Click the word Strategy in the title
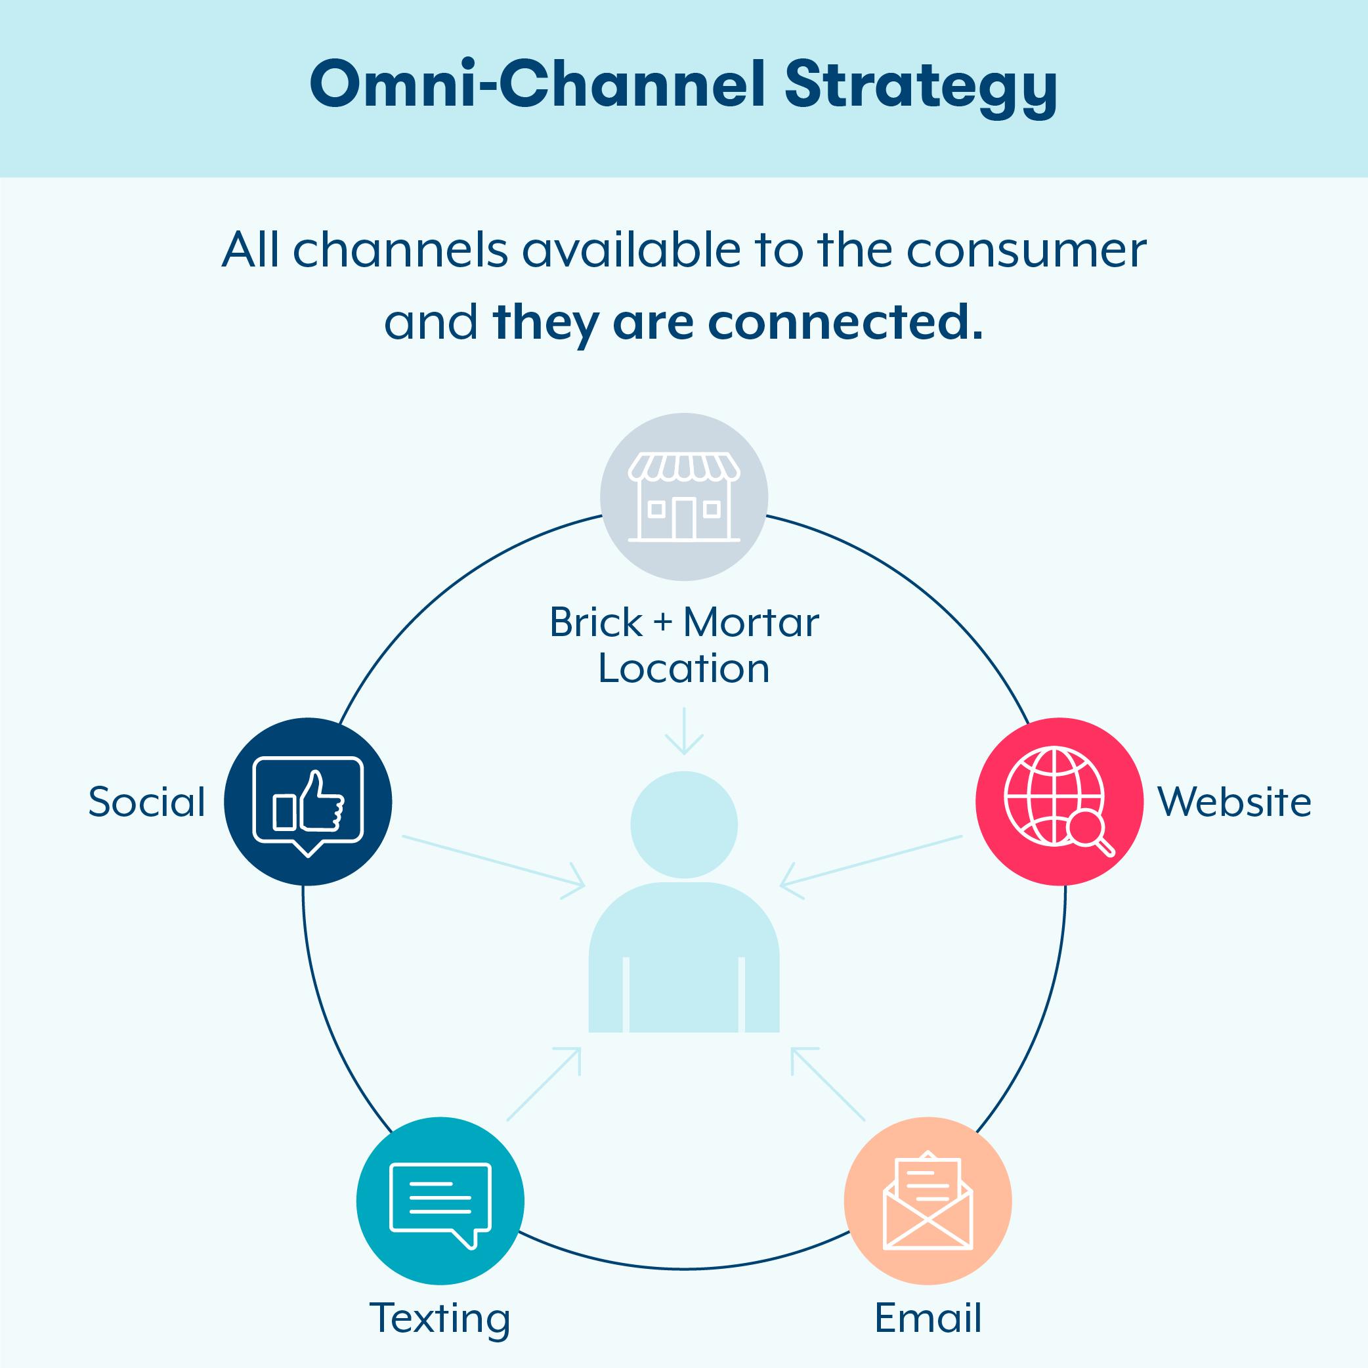920,85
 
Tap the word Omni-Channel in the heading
538,85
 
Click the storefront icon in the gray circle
684,496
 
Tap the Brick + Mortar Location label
684,645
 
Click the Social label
146,802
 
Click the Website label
1234,802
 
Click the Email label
928,1317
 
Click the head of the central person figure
684,825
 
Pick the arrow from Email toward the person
828,1084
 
